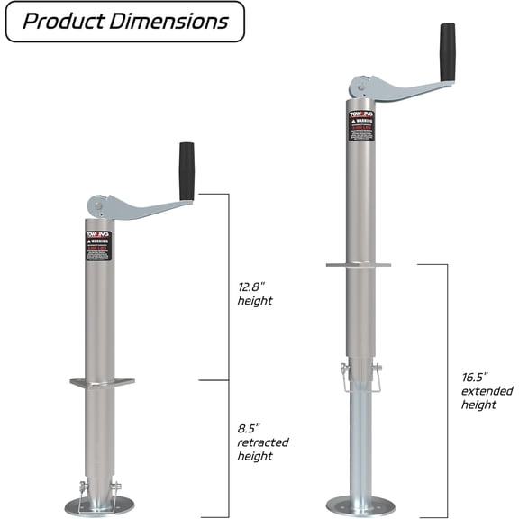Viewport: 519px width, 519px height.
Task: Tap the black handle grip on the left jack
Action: (x=187, y=170)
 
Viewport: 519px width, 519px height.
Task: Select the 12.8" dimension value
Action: (x=252, y=286)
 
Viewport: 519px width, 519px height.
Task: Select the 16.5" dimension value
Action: (x=475, y=377)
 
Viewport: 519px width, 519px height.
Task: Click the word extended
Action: (x=487, y=391)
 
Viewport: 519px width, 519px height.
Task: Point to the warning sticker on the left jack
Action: (x=99, y=246)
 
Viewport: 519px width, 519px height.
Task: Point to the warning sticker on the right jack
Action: (x=360, y=124)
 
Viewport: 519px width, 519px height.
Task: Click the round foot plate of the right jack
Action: (x=360, y=505)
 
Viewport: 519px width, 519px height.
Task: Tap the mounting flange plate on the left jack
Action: (x=102, y=382)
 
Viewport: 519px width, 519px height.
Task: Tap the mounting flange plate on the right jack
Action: (x=360, y=265)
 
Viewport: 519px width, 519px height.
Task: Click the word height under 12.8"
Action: (x=255, y=300)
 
